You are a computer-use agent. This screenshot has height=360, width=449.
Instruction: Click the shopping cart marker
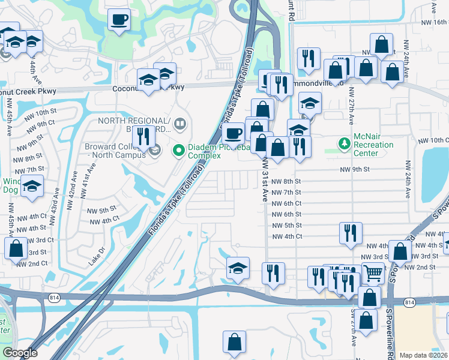373,273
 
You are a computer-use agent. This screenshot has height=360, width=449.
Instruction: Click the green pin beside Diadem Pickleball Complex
178,150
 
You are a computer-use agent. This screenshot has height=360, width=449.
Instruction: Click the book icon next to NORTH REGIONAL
180,124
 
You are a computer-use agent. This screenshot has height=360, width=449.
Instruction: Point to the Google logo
19,353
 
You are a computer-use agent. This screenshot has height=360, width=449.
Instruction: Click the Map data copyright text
424,355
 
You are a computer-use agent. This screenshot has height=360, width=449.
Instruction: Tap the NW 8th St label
286,181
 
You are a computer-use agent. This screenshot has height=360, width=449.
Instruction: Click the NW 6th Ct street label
286,203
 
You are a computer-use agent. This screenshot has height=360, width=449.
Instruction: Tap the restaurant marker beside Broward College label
143,136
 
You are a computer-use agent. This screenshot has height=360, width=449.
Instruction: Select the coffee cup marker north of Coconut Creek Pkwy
118,19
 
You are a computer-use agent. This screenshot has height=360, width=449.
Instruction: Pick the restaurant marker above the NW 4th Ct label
350,233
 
